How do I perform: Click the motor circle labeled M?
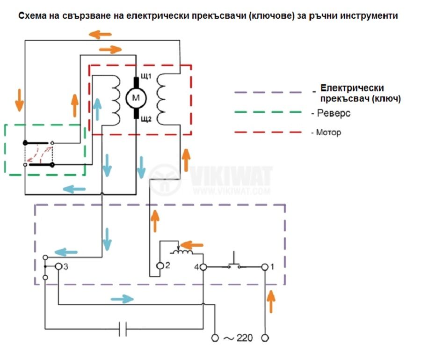point(136,98)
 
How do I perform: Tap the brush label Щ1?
point(146,76)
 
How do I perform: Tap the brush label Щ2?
point(146,119)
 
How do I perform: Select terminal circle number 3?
point(58,266)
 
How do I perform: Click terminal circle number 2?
point(160,266)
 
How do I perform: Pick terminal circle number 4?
point(203,267)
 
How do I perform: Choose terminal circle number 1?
point(265,267)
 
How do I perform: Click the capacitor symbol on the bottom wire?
point(123,329)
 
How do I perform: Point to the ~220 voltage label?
point(238,338)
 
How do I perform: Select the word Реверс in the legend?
point(334,113)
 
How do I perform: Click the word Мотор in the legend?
point(329,132)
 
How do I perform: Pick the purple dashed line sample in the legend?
point(268,92)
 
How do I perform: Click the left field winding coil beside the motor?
point(116,100)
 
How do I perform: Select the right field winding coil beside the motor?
point(161,99)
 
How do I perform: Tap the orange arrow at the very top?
point(100,34)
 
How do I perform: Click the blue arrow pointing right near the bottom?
point(122,299)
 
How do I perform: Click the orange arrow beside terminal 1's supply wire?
point(271,301)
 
